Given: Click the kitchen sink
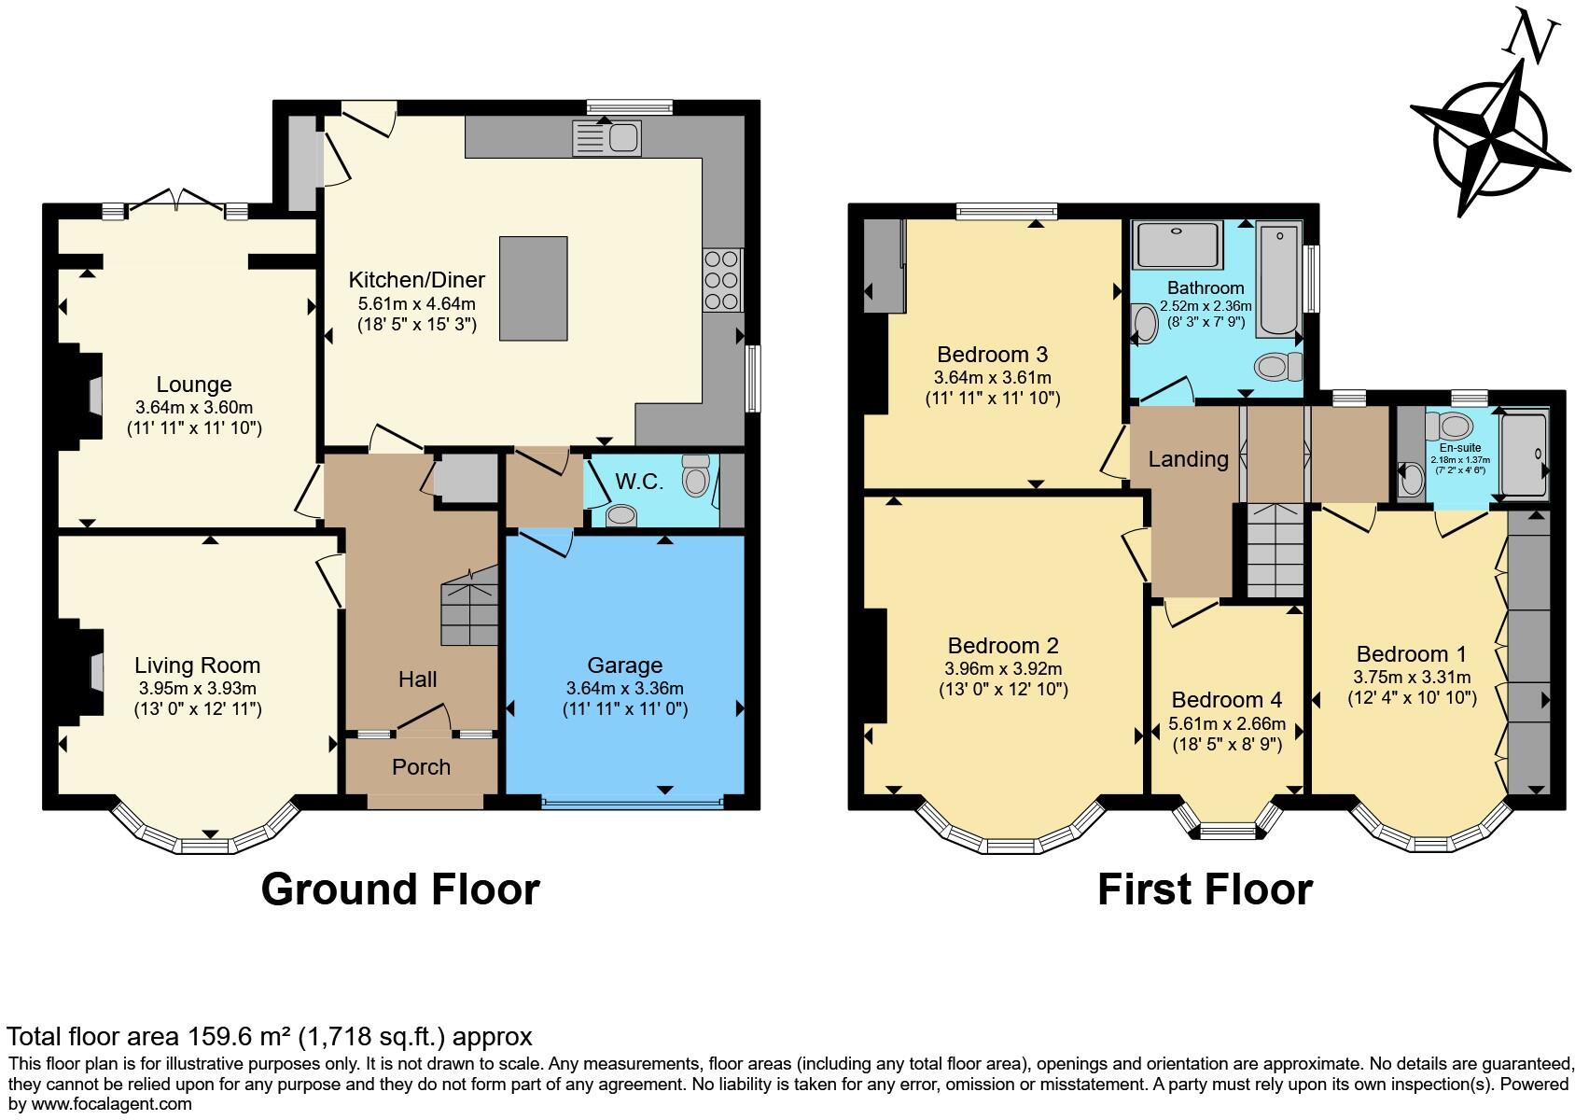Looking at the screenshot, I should click(606, 140).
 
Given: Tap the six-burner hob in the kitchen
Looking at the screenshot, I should click(722, 279).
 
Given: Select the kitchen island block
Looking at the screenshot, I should click(534, 288).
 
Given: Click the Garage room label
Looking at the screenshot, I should click(624, 665).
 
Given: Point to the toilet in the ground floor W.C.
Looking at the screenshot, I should click(695, 476).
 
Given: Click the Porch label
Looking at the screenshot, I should click(421, 767).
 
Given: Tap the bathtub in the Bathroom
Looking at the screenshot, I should click(1278, 279).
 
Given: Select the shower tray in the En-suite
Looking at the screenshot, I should click(1524, 454).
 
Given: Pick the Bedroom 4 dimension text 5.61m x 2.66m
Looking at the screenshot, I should click(1227, 723).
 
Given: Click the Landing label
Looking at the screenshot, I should click(1188, 459).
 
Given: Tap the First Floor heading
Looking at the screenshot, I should click(1204, 889).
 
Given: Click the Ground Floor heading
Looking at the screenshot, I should click(400, 889).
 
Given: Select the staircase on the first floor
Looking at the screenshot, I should click(1275, 551).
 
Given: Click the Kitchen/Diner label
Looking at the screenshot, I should click(417, 280).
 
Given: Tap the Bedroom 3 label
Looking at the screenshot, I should click(992, 355).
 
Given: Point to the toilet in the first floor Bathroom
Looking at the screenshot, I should click(1278, 366).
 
